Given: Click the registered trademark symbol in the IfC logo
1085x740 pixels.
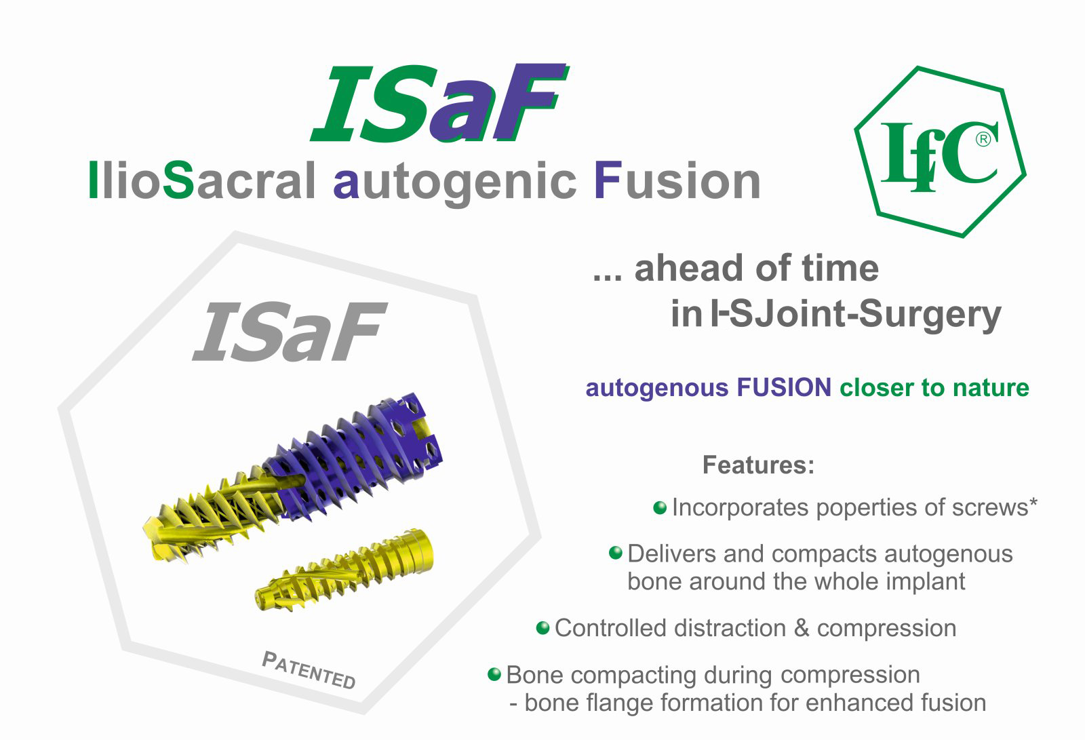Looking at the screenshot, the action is [983, 140].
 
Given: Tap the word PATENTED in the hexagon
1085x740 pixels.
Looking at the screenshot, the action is [309, 670].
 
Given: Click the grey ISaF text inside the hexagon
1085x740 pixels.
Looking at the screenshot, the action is [290, 332].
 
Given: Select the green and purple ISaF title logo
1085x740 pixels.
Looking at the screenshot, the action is [439, 102].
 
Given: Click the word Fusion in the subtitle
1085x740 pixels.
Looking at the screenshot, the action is [677, 180].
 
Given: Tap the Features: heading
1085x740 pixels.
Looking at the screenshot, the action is [759, 465].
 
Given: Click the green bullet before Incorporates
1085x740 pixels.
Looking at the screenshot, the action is [660, 507].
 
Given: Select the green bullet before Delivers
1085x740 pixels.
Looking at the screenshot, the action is [615, 552].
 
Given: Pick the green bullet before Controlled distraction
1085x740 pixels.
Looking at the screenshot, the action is [542, 628].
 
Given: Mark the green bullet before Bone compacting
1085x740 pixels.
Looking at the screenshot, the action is [494, 674].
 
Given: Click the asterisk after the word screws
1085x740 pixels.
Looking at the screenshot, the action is [1033, 503].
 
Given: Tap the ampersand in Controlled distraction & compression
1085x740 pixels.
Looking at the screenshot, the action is [802, 628].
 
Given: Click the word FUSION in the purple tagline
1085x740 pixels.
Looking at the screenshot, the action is [784, 388].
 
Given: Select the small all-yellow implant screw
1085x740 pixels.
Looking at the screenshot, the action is [344, 570].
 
